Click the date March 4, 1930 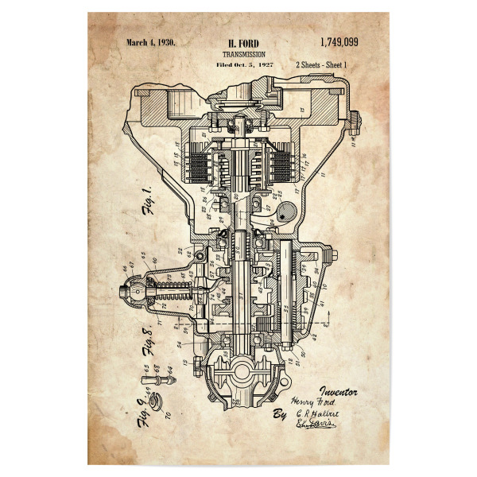[151, 43]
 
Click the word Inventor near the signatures [339, 391]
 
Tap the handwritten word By [279, 416]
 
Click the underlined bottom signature [316, 427]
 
